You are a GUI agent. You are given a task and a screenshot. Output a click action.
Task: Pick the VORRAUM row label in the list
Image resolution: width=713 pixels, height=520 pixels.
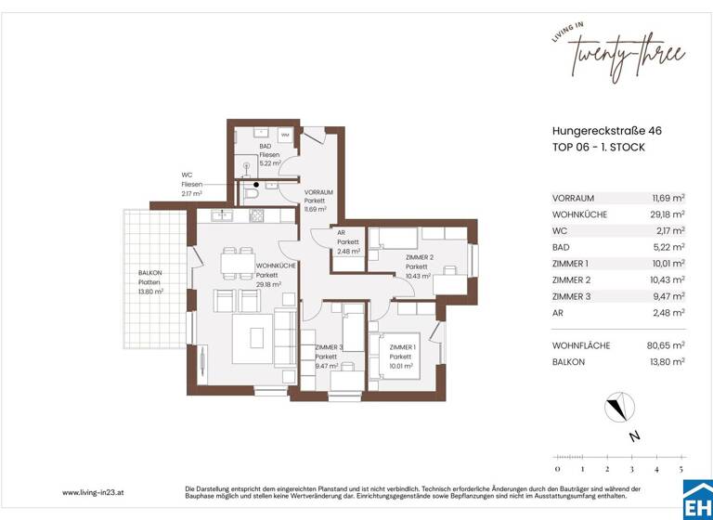573,198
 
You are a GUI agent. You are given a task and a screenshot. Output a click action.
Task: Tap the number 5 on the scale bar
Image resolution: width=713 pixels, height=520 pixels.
682,470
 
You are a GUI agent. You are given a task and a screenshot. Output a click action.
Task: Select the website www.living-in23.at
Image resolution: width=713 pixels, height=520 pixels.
96,492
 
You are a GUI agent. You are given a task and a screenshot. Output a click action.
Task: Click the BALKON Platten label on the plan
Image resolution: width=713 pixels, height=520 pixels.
149,281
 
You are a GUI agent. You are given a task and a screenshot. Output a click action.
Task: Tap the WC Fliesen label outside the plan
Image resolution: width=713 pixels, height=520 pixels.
191,184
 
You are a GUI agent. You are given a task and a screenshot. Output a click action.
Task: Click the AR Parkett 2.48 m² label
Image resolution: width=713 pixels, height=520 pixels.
348,242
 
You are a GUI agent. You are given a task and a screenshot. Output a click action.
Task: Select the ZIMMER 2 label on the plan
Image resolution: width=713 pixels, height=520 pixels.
420,266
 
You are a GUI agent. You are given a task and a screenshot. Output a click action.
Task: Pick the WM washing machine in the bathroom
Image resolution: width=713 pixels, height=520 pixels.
285,136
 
